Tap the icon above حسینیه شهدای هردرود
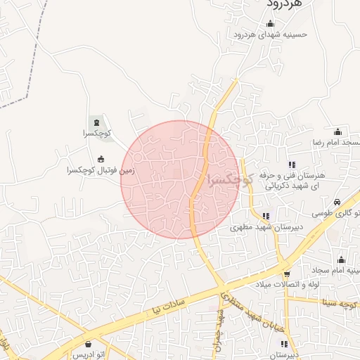click(x=271, y=24)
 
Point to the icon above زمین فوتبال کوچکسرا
click(x=101, y=158)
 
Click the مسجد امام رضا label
click(x=335, y=143)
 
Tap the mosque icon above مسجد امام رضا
click(x=337, y=131)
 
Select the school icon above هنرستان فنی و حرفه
click(x=292, y=165)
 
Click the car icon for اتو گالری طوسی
click(x=337, y=201)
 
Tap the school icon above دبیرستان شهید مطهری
click(x=266, y=216)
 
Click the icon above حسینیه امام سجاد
click(x=342, y=259)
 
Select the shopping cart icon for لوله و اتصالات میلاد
click(x=286, y=274)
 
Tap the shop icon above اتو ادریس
click(x=88, y=344)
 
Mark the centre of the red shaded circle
click(x=180, y=180)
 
